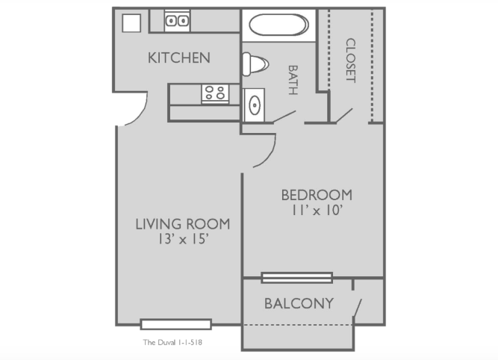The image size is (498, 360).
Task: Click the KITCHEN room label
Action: (x=179, y=58)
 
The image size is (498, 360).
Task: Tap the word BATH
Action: (x=293, y=80)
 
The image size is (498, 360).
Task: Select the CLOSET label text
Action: (x=351, y=60)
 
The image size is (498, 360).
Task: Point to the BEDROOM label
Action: (x=317, y=195)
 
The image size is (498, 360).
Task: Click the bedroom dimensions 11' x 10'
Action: (x=317, y=211)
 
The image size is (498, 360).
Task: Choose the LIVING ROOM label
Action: (x=183, y=224)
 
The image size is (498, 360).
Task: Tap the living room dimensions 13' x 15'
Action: (x=183, y=239)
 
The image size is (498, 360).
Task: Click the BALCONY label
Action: (x=299, y=303)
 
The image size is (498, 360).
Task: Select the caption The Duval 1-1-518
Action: (x=172, y=342)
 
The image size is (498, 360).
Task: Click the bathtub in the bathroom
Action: (x=278, y=25)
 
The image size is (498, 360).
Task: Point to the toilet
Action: (x=255, y=64)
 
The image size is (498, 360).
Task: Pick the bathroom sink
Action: (x=254, y=105)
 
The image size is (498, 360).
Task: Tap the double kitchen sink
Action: (x=177, y=21)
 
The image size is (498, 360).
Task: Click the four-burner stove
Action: (x=215, y=93)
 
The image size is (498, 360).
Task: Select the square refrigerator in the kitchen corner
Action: (x=131, y=23)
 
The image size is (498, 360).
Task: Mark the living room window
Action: (x=176, y=324)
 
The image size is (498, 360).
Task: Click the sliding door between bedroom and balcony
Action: (x=297, y=278)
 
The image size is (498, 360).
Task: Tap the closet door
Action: (x=344, y=115)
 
